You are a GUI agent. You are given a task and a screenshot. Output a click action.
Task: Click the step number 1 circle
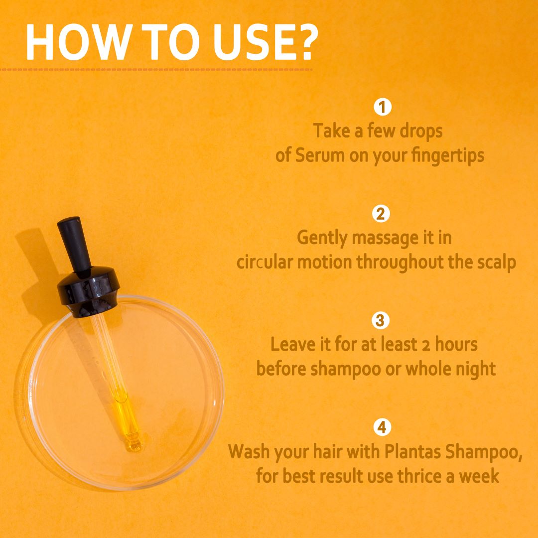pyautogui.click(x=383, y=107)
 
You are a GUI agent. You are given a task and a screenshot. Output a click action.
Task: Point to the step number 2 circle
pyautogui.click(x=381, y=213)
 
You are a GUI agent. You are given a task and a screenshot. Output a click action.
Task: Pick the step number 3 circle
pyautogui.click(x=381, y=320)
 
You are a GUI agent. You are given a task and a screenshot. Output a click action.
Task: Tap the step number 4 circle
pyautogui.click(x=382, y=427)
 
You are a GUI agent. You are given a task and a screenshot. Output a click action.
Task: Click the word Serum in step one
pyautogui.click(x=320, y=155)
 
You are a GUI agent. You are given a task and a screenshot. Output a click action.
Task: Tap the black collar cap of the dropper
pyautogui.click(x=88, y=291)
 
